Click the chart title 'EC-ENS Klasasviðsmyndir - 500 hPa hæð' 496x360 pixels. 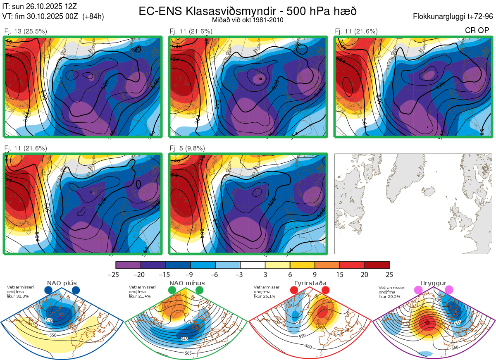pyautogui.click(x=247, y=11)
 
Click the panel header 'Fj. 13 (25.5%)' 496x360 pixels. pyautogui.click(x=25, y=31)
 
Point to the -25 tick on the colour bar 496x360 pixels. pyautogui.click(x=116, y=274)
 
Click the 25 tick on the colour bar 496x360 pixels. pyautogui.click(x=389, y=274)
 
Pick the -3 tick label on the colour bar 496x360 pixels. pyautogui.click(x=240, y=274)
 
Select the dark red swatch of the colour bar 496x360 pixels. pyautogui.click(x=377, y=265)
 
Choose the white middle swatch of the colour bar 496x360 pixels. pyautogui.click(x=253, y=265)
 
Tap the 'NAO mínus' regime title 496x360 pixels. pyautogui.click(x=187, y=283)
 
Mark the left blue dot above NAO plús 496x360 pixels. pyautogui.click(x=48, y=290)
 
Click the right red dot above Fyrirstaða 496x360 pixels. pyautogui.click(x=325, y=290)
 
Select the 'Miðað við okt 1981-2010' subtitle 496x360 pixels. pyautogui.click(x=248, y=20)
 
